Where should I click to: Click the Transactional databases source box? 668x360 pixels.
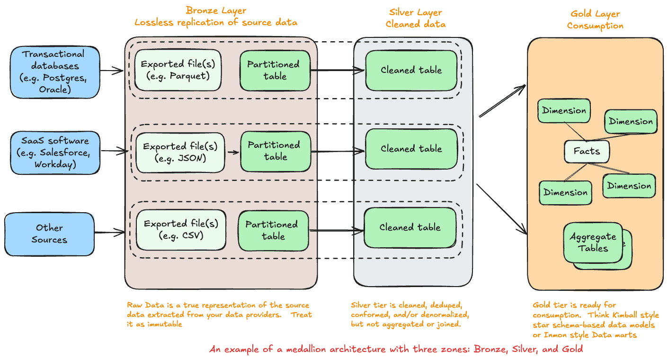(x=55, y=71)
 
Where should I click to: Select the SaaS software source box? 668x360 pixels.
(x=55, y=153)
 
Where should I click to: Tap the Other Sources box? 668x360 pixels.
(x=49, y=234)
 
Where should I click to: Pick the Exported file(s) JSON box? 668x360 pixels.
(x=180, y=153)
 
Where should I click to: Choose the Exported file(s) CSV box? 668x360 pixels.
(x=180, y=229)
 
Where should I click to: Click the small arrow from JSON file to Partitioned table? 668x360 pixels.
(x=232, y=153)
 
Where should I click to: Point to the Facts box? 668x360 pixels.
(x=587, y=152)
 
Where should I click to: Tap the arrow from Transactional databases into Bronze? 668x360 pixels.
(x=112, y=71)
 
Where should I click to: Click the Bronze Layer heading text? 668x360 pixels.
(x=215, y=10)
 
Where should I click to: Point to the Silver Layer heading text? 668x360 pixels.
(x=415, y=12)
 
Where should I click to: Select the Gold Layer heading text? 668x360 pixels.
(x=595, y=14)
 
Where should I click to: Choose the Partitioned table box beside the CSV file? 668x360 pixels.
(x=272, y=230)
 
